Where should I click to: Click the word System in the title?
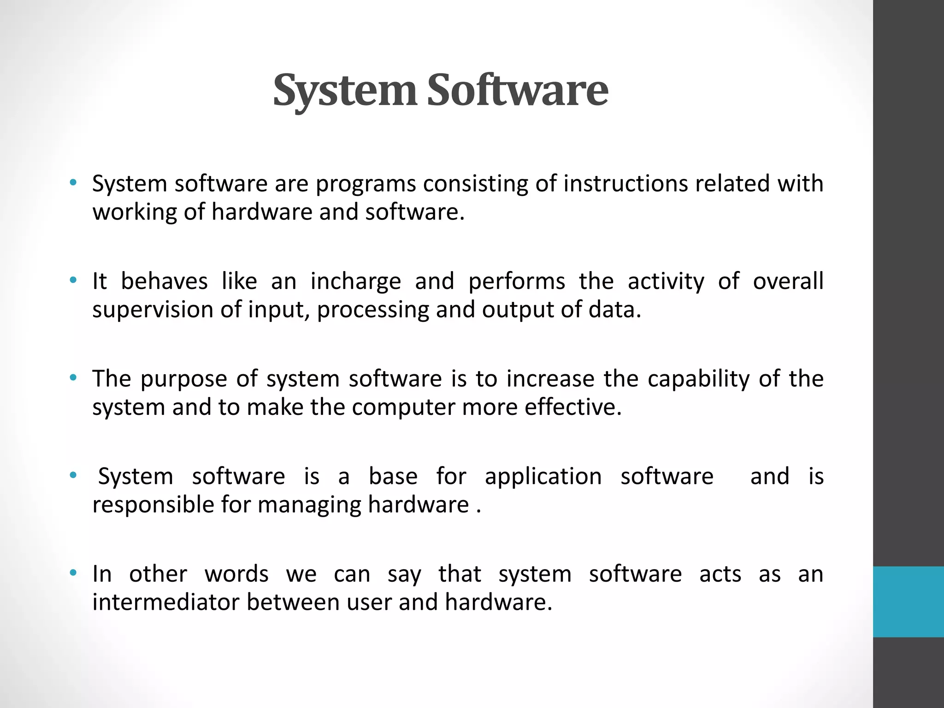[x=345, y=90]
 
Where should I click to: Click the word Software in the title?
[x=517, y=90]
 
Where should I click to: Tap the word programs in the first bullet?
[x=366, y=184]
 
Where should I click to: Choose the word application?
[x=543, y=477]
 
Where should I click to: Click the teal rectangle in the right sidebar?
[x=908, y=602]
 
